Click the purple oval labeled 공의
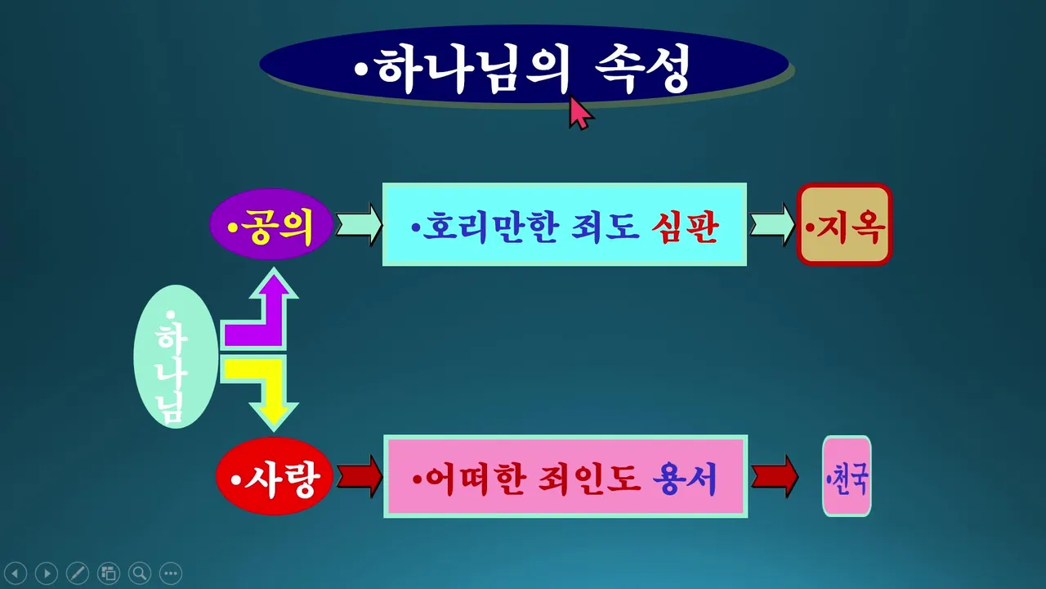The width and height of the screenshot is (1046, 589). [x=271, y=224]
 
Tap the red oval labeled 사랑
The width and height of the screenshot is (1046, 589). [x=275, y=476]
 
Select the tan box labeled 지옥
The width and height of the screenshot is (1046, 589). [x=845, y=225]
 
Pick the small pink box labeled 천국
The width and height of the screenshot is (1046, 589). [x=847, y=476]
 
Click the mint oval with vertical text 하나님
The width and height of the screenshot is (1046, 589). [x=176, y=357]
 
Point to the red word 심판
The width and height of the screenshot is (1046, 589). [x=685, y=227]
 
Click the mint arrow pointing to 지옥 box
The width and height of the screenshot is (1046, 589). [x=772, y=225]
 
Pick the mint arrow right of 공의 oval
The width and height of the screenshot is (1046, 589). [x=359, y=224]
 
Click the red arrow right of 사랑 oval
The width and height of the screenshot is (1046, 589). [x=359, y=476]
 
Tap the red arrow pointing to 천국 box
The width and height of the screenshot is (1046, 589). [x=775, y=477]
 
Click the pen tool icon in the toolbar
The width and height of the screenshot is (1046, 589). [x=78, y=573]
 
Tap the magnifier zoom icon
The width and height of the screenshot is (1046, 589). [x=140, y=573]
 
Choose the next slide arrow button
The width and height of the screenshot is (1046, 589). [x=47, y=573]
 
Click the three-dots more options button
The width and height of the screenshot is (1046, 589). [x=171, y=573]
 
